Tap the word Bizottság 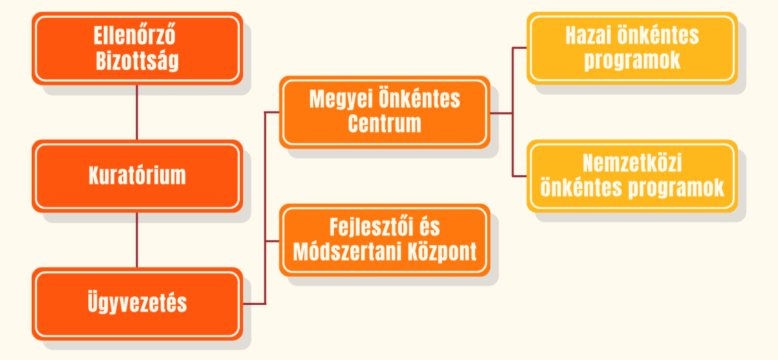tap(137, 61)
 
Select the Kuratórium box tap(137, 176)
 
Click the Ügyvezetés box tap(137, 304)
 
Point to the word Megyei tap(342, 100)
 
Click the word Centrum tap(384, 123)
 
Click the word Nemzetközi tap(632, 163)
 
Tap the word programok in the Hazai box tap(632, 61)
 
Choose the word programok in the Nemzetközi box tap(677, 189)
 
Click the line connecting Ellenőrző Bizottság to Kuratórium tap(137, 112)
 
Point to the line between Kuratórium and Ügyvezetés tap(137, 240)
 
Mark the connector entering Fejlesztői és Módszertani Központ tap(272, 241)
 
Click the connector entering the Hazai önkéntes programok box tap(519, 47)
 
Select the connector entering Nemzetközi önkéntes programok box tap(519, 176)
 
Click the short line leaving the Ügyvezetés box tap(254, 304)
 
